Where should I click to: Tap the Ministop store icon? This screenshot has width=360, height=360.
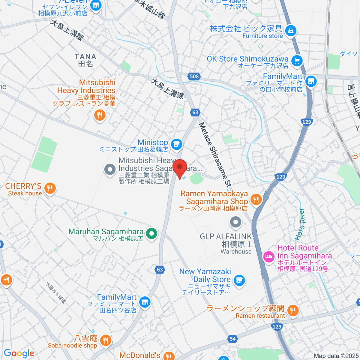[x=177, y=144]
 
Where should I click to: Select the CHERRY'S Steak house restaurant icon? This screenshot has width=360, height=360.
[x=50, y=189]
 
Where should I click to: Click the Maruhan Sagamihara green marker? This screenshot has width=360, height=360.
[x=151, y=233]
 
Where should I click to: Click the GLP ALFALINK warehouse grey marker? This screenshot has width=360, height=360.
[x=235, y=222]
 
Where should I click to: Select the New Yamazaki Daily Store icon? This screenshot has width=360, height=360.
[x=239, y=280]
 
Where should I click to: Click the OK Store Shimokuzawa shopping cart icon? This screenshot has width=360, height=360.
[x=297, y=61]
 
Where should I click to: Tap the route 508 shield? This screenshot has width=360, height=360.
[x=194, y=76]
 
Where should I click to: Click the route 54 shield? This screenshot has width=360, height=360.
[x=232, y=339]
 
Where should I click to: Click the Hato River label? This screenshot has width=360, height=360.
[x=300, y=224]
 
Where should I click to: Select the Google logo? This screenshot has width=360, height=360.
[x=19, y=353]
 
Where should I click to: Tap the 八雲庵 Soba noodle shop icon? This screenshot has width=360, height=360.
[x=105, y=340]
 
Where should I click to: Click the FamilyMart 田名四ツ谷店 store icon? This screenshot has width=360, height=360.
[x=145, y=301]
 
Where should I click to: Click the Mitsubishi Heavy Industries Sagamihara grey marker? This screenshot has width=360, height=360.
[x=110, y=169]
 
